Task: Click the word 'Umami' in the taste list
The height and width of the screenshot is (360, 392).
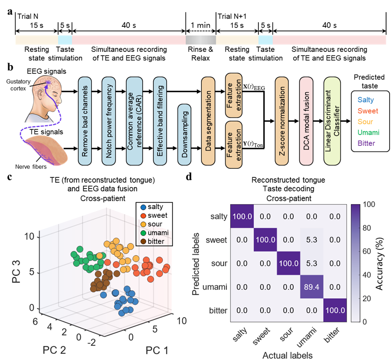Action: tap(369, 133)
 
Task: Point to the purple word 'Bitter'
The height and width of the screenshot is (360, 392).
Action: tap(367, 144)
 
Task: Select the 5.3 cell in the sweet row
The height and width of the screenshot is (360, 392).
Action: tap(311, 239)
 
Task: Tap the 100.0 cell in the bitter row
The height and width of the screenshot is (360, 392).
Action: tap(335, 310)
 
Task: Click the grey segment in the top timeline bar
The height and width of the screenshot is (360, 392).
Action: tap(201, 40)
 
